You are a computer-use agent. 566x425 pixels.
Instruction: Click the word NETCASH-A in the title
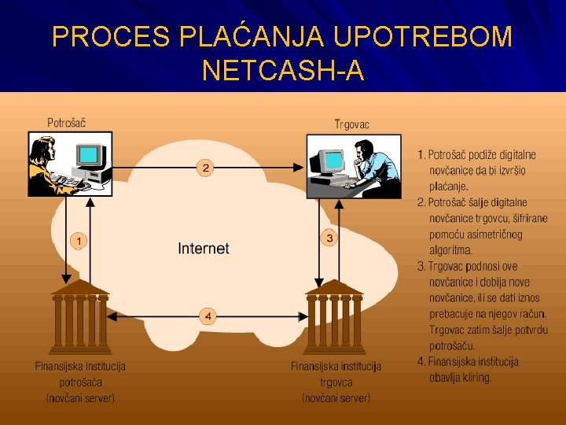(x=283, y=71)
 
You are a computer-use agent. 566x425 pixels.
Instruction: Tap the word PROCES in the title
(x=111, y=37)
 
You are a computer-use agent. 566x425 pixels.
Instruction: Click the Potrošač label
(x=67, y=123)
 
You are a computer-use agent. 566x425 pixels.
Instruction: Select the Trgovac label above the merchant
(x=352, y=124)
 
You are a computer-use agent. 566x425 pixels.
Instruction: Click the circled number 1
(x=78, y=240)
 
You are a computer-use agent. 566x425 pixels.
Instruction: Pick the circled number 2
(x=205, y=168)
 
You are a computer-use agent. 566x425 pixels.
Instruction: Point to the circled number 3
(x=329, y=238)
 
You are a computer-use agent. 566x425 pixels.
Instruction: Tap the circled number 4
(x=208, y=316)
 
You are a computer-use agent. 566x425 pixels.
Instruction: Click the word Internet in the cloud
(x=204, y=249)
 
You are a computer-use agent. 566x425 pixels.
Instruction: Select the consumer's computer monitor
(x=90, y=155)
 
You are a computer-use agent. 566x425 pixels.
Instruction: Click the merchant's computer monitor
(x=333, y=161)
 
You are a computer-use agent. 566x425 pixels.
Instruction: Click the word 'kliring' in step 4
(x=474, y=377)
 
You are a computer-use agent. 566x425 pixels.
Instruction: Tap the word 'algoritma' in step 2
(x=450, y=250)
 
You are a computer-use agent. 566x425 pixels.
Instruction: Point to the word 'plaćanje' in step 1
(x=449, y=187)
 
